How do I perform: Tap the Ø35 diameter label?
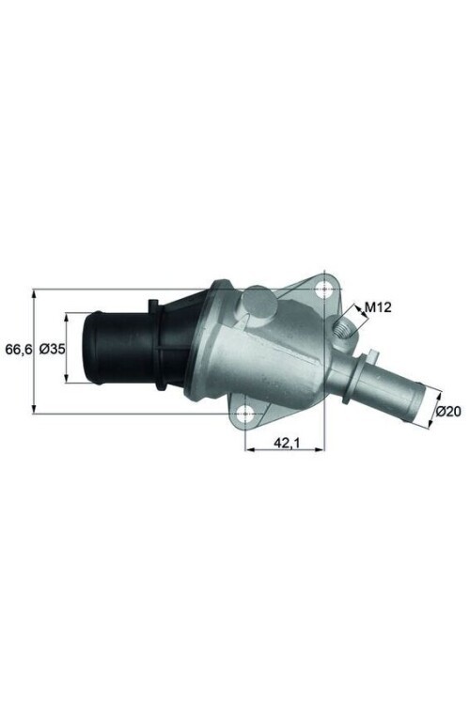tap(53, 349)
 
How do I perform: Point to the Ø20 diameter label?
tap(447, 411)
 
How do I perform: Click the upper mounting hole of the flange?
tap(326, 289)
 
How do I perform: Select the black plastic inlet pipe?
tap(117, 350)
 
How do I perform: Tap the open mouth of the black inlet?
tap(90, 350)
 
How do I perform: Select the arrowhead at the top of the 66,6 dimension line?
tap(34, 292)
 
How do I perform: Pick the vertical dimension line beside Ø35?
tap(67, 349)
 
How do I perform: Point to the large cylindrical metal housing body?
tap(263, 362)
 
